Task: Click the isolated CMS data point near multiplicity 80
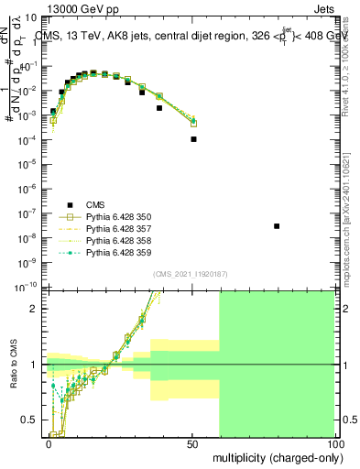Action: click(x=277, y=225)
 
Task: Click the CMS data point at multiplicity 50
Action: click(x=193, y=139)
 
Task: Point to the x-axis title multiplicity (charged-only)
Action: click(x=276, y=455)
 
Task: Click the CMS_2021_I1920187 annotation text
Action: click(x=191, y=273)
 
